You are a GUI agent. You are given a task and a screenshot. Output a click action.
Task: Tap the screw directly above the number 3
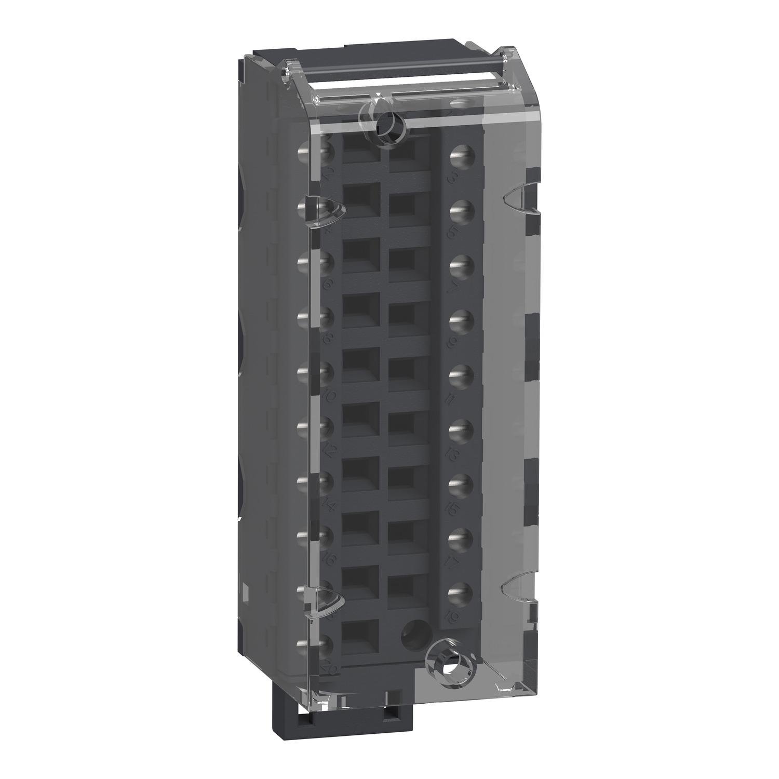(460, 154)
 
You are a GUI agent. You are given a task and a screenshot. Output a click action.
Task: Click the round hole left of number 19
(413, 630)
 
